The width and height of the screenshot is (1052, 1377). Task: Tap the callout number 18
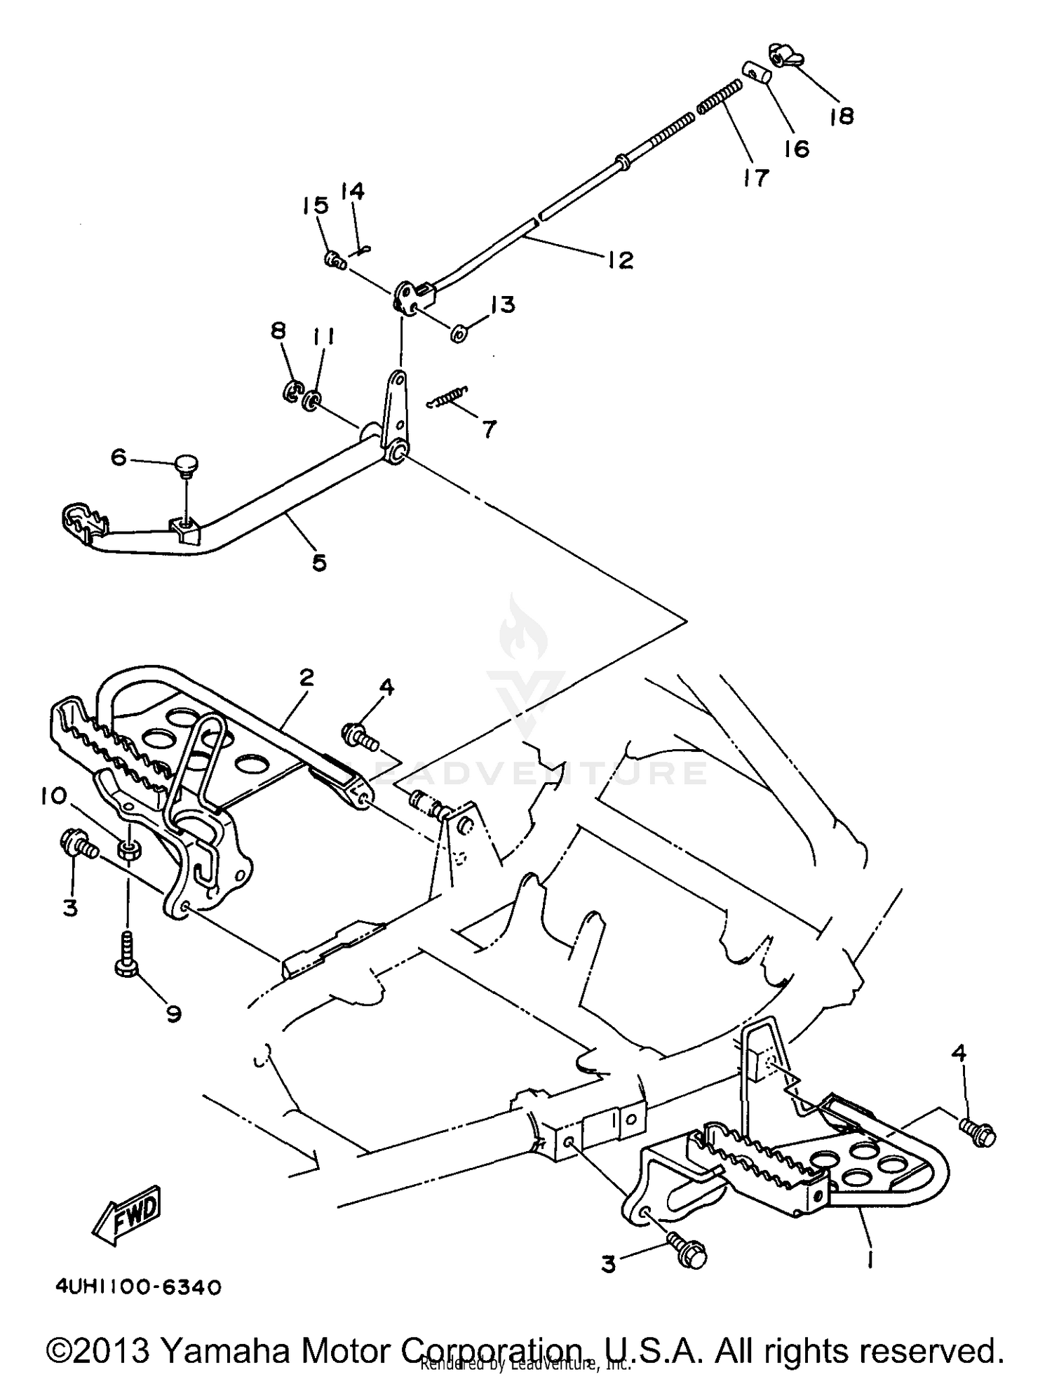click(x=842, y=116)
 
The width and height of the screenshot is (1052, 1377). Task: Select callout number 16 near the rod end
click(x=797, y=148)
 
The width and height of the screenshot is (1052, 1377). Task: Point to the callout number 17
click(x=756, y=177)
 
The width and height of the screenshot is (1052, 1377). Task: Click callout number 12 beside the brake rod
click(x=620, y=260)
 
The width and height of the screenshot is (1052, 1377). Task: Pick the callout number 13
click(x=502, y=304)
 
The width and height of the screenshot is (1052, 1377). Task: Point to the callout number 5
click(x=319, y=562)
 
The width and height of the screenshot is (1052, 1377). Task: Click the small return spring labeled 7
click(x=449, y=397)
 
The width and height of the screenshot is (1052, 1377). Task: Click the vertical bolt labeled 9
click(x=126, y=956)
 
